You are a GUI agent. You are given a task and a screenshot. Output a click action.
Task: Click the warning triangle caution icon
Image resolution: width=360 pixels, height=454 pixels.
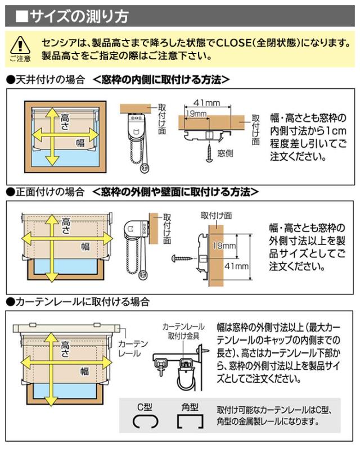click(x=20, y=46)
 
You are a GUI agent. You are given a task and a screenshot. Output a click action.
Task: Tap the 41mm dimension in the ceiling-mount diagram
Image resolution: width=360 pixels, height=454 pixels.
click(x=206, y=103)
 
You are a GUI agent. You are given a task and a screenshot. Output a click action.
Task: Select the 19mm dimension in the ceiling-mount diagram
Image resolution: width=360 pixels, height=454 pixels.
click(x=196, y=114)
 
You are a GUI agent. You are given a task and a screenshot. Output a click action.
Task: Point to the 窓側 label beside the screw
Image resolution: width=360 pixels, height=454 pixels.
click(x=225, y=153)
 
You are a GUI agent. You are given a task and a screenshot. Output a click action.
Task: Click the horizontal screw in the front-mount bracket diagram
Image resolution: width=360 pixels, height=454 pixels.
click(x=183, y=258)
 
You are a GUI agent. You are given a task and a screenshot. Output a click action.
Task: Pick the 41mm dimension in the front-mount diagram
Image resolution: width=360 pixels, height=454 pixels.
click(x=236, y=266)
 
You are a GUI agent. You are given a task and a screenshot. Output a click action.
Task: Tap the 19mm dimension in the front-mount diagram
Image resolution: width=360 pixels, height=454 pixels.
click(x=224, y=246)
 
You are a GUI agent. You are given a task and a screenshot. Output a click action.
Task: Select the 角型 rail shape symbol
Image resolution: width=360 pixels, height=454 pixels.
click(x=190, y=421)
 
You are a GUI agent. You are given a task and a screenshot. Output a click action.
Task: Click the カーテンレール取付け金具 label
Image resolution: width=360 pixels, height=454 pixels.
click(x=183, y=332)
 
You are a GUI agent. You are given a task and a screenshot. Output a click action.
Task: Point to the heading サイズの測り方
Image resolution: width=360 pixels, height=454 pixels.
click(x=79, y=16)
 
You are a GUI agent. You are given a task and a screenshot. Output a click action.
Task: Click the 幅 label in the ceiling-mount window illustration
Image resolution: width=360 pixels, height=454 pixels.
click(x=80, y=143)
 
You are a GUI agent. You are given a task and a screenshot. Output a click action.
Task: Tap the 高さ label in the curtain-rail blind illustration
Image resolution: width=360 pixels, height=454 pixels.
click(x=65, y=349)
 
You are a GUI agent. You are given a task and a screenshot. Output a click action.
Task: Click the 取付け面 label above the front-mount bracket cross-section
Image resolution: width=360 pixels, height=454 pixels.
click(x=216, y=215)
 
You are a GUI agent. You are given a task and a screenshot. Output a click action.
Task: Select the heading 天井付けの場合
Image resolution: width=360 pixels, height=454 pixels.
click(x=49, y=80)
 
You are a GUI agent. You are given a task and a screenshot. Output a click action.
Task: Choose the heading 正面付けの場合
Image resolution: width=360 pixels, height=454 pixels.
click(x=49, y=192)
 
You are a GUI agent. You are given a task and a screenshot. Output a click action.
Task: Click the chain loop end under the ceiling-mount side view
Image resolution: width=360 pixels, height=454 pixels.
click(x=145, y=168)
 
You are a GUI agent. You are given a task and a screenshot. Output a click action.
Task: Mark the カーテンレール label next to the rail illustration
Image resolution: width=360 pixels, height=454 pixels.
click(x=129, y=348)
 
